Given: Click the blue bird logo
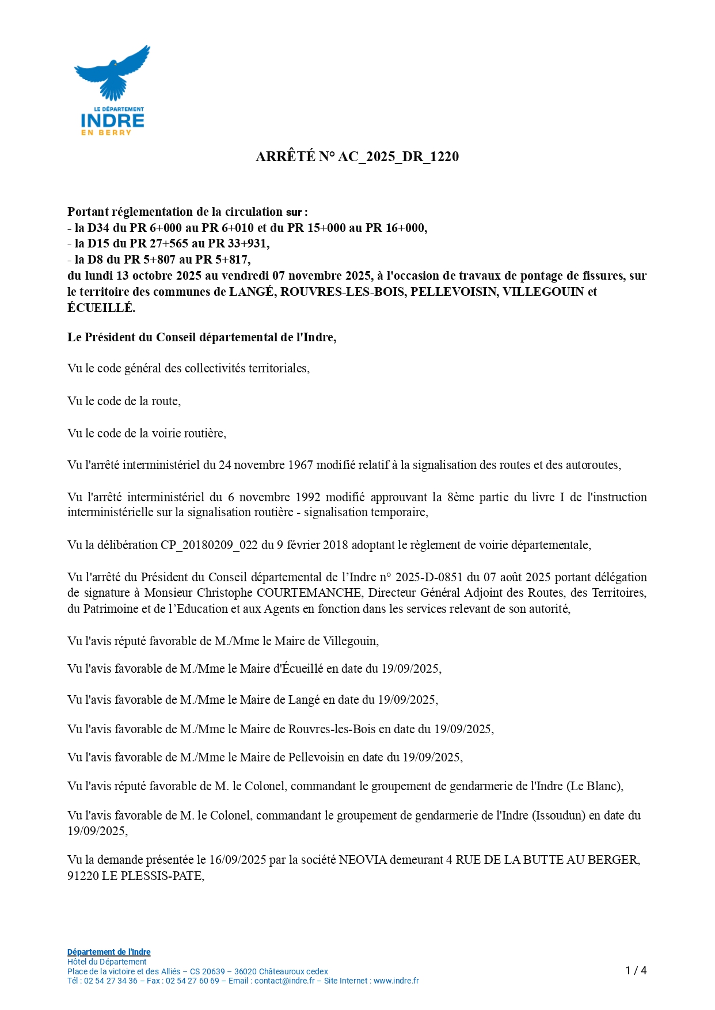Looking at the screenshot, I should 112,72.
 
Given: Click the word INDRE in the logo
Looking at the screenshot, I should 112,120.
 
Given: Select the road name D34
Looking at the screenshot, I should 98,228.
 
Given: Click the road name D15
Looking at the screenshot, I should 98,243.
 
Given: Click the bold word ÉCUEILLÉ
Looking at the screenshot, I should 101,308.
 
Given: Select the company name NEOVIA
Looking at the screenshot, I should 363,860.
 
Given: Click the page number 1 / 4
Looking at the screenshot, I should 636,971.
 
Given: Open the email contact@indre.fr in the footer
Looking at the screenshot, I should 284,981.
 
